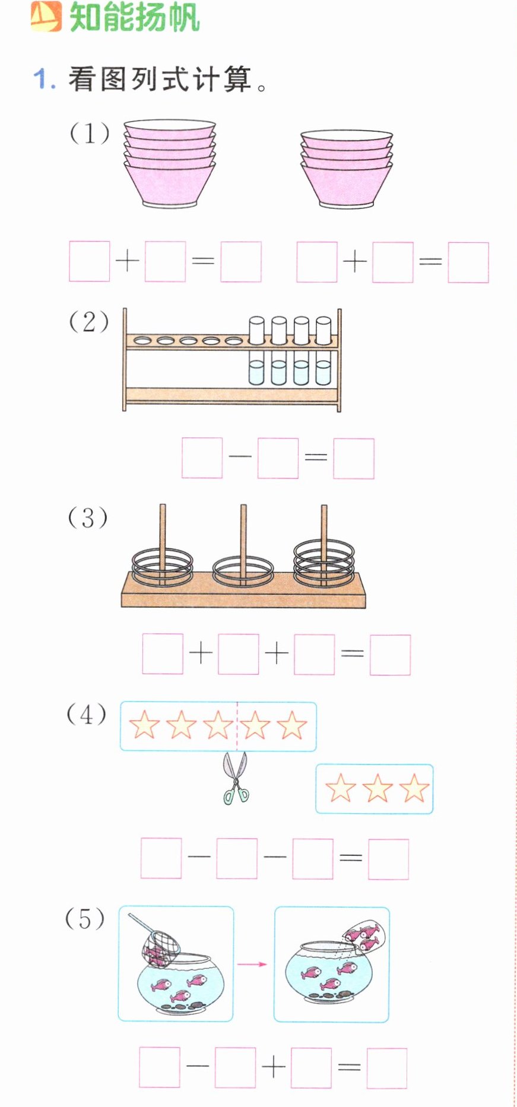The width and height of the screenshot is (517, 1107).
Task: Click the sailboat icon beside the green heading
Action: tap(46, 16)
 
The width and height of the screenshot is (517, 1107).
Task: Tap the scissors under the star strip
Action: tap(236, 778)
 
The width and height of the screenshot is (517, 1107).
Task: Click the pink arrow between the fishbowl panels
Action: tap(252, 964)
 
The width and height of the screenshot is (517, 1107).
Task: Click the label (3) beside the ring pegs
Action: tap(88, 518)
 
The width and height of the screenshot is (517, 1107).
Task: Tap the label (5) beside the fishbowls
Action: tap(85, 919)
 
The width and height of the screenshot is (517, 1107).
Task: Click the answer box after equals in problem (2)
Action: tap(354, 458)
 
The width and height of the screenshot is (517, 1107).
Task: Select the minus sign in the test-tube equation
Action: tap(240, 456)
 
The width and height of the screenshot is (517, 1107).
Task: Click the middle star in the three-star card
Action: tap(377, 788)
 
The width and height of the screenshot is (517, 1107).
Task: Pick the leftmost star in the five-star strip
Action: tap(144, 725)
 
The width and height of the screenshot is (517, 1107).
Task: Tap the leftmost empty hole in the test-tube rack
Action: tap(142, 341)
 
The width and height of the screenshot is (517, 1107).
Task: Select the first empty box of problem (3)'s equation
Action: tap(163, 655)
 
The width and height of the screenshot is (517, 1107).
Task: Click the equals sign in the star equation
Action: tap(351, 857)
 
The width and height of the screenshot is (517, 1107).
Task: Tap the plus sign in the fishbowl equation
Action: tap(274, 1067)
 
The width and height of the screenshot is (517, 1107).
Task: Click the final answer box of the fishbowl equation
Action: tap(387, 1068)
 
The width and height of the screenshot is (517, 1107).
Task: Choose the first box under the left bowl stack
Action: tap(90, 261)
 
